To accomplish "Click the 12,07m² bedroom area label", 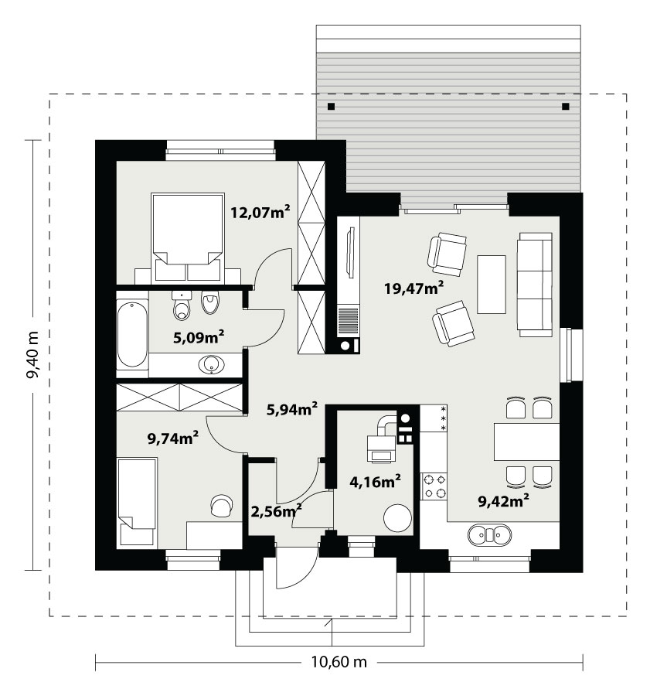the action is coord(260,212).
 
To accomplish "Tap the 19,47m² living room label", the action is coord(413,288).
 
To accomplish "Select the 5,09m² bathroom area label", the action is coord(199,337).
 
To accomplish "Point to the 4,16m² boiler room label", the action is coord(376,481).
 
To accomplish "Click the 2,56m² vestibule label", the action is coord(277,511).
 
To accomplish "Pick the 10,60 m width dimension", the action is coord(339,662).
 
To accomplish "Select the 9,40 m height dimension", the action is coord(32,355).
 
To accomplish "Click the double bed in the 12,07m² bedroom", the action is coord(188,238).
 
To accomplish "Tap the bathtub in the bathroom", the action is coord(132,335).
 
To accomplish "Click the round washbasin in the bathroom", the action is coord(212,365).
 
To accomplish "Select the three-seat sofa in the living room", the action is coord(535,285).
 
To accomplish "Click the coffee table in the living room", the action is coord(491,284).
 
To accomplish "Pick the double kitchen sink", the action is coord(489,534).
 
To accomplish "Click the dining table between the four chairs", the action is coord(526,442).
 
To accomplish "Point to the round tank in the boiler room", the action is coord(397,518).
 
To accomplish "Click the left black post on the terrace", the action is coord(331,107).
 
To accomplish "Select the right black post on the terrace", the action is coord(565,107).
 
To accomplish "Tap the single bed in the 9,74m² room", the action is coord(137,503).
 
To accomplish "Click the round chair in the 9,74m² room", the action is coord(222,506).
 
